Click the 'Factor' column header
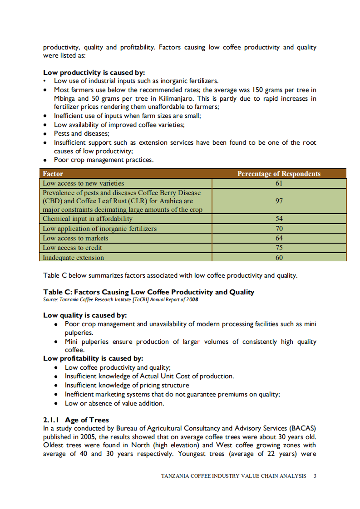click(53, 174)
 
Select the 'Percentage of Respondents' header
click(279, 174)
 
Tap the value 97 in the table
click(279, 201)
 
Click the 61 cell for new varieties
click(279, 183)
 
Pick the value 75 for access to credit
click(279, 248)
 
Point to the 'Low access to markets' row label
click(75, 238)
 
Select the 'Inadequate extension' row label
click(73, 258)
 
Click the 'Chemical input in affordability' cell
click(87, 219)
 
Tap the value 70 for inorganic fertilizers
click(279, 229)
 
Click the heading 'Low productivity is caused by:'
click(94, 72)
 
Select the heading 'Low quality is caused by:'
click(85, 315)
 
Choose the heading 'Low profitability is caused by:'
click(93, 358)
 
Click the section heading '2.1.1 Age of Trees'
click(76, 420)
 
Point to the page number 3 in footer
click(315, 476)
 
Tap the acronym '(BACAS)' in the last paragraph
click(302, 428)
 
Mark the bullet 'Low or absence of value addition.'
click(114, 403)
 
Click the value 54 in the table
click(279, 219)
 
